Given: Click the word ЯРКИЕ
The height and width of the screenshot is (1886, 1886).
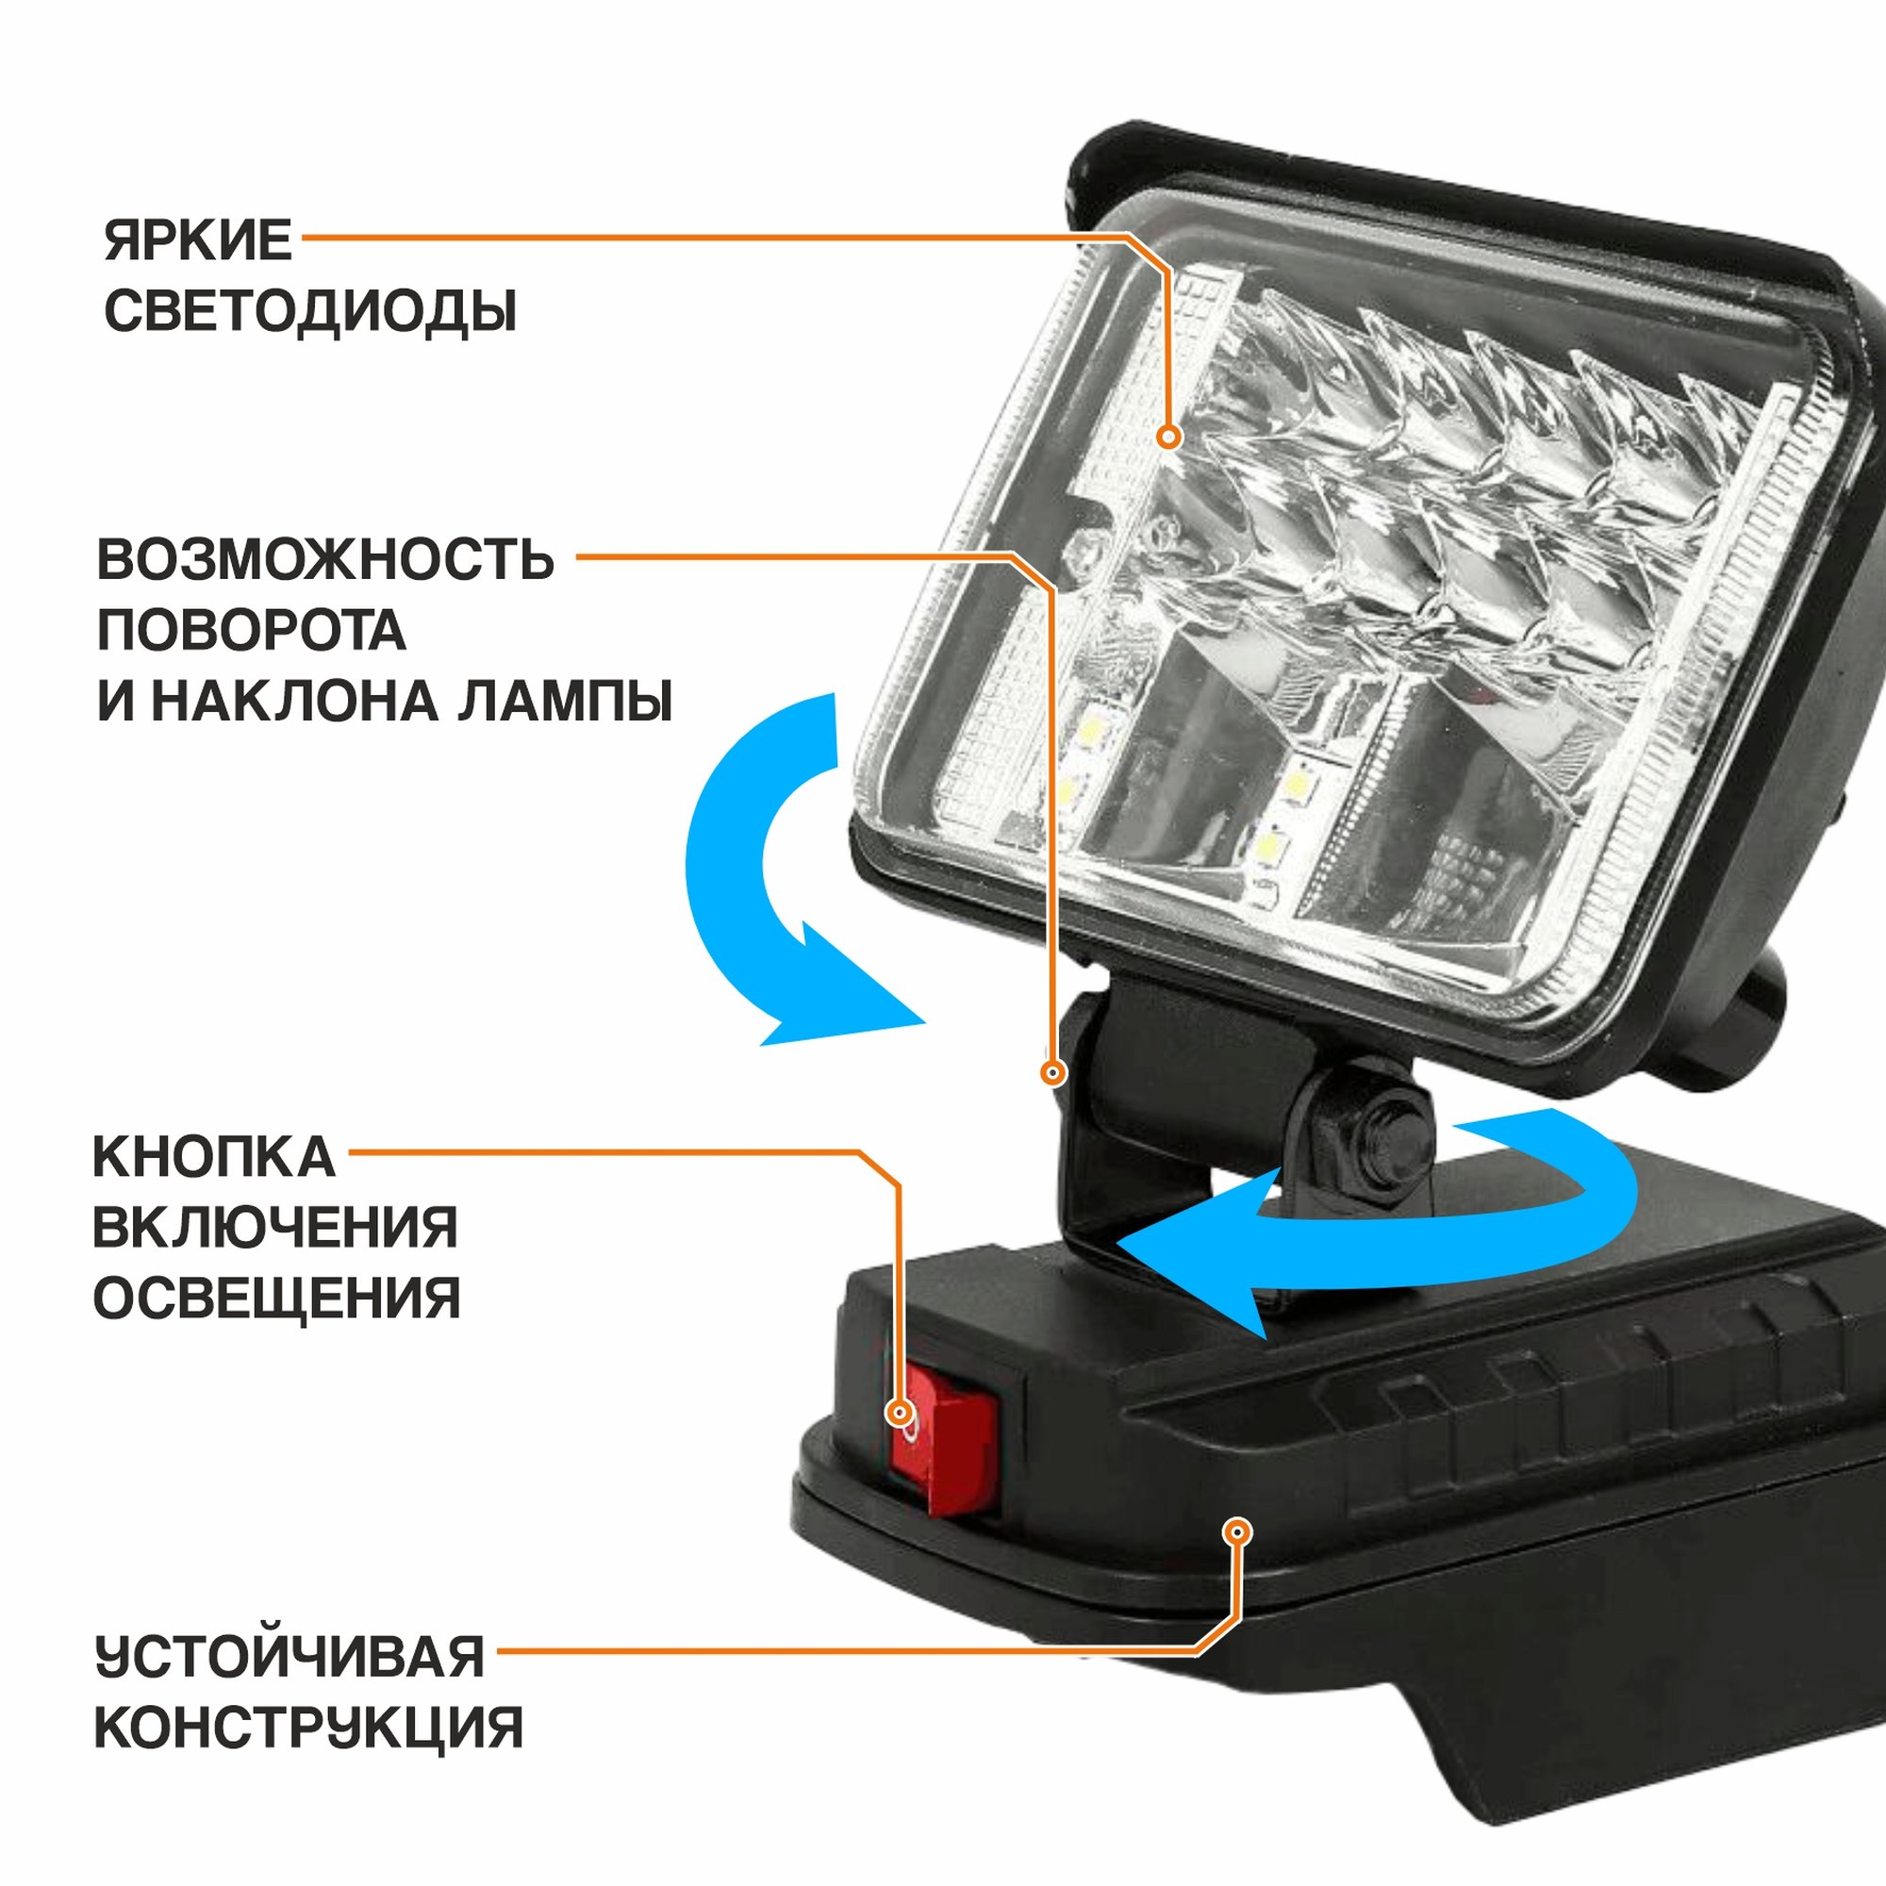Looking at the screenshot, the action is pyautogui.click(x=198, y=240).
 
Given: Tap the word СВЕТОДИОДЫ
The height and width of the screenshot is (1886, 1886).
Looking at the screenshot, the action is pyautogui.click(x=310, y=311).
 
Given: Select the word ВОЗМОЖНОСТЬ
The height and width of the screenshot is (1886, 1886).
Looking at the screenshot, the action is pyautogui.click(x=325, y=559).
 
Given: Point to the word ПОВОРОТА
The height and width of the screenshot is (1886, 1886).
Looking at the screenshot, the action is pyautogui.click(x=251, y=631).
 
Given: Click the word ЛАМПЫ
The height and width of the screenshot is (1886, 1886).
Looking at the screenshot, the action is pyautogui.click(x=565, y=702).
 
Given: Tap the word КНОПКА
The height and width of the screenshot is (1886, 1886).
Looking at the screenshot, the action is pyautogui.click(x=214, y=1158).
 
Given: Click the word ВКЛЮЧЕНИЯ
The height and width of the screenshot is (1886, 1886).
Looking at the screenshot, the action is pyautogui.click(x=275, y=1228).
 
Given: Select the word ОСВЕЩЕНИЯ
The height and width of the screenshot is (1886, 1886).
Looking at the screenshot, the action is pyautogui.click(x=276, y=1299).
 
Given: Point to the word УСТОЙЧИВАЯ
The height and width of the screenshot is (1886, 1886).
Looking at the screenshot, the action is pyautogui.click(x=290, y=1658).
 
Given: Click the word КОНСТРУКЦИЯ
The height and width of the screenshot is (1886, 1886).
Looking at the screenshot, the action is pyautogui.click(x=308, y=1729).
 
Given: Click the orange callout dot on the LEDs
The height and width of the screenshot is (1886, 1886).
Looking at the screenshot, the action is pyautogui.click(x=1168, y=437).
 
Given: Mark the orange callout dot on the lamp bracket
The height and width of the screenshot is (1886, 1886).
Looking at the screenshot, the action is pyautogui.click(x=1052, y=1073).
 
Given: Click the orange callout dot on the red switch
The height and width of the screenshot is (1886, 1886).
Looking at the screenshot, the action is pyautogui.click(x=900, y=1414).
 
